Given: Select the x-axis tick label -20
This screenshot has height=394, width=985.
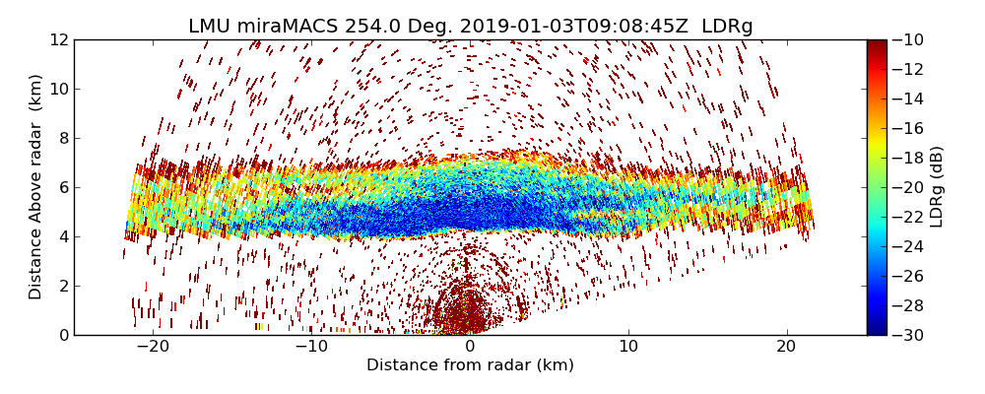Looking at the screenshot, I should click(154, 347).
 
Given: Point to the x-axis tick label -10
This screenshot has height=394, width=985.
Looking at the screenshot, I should click(311, 347).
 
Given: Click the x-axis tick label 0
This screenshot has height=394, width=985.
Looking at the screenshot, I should click(470, 347).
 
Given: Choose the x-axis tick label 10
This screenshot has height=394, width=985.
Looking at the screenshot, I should click(628, 347).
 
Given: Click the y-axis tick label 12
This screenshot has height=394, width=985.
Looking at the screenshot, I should click(58, 39).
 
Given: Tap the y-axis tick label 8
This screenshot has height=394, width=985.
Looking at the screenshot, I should click(62, 138).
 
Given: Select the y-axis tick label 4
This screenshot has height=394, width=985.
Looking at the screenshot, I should click(62, 236).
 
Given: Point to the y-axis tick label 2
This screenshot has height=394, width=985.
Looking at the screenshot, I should click(62, 286).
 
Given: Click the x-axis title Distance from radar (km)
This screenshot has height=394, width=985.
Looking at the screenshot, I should click(470, 365).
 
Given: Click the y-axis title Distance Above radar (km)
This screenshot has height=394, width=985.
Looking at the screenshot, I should click(36, 187).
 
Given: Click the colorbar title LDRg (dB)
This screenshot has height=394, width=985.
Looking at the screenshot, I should click(937, 187).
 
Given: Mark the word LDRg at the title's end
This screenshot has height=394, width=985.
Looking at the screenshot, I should click(727, 27).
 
